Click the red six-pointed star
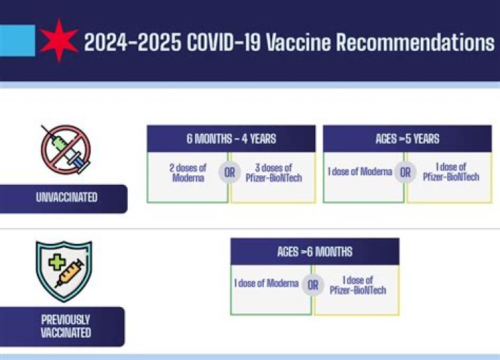point(59,40)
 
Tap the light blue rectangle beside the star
point(17,40)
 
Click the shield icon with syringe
point(64,270)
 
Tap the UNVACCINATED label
point(66,198)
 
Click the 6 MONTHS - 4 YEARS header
point(231,138)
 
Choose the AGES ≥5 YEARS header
point(407,138)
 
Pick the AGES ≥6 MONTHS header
point(315,252)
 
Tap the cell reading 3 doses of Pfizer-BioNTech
point(274,173)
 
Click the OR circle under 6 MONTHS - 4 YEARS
point(229,172)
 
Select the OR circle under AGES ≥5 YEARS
point(406,172)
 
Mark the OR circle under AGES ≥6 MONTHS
point(313,285)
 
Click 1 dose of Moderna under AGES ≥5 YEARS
point(360,172)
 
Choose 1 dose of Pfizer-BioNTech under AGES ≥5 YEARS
point(451,172)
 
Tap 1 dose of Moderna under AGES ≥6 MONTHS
point(267,284)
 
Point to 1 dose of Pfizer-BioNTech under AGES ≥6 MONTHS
point(358,285)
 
